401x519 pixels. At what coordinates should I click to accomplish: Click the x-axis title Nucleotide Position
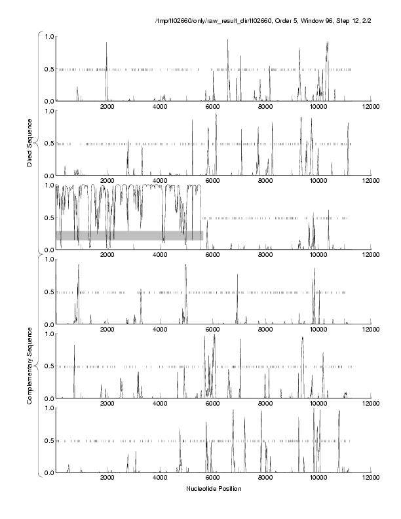[214, 489]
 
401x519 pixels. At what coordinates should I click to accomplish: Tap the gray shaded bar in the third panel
[129, 235]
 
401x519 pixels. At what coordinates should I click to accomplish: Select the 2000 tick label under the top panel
[107, 107]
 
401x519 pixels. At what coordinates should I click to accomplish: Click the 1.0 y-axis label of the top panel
[47, 36]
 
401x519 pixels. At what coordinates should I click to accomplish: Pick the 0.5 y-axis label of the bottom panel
[47, 441]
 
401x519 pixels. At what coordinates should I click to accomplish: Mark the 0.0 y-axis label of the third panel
[47, 250]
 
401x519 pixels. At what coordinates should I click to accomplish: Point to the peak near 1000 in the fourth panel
[79, 265]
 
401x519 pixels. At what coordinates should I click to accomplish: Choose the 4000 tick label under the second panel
[160, 182]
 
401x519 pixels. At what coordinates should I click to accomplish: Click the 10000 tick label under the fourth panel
[318, 330]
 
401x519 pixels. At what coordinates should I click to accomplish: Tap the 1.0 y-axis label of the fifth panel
[47, 334]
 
